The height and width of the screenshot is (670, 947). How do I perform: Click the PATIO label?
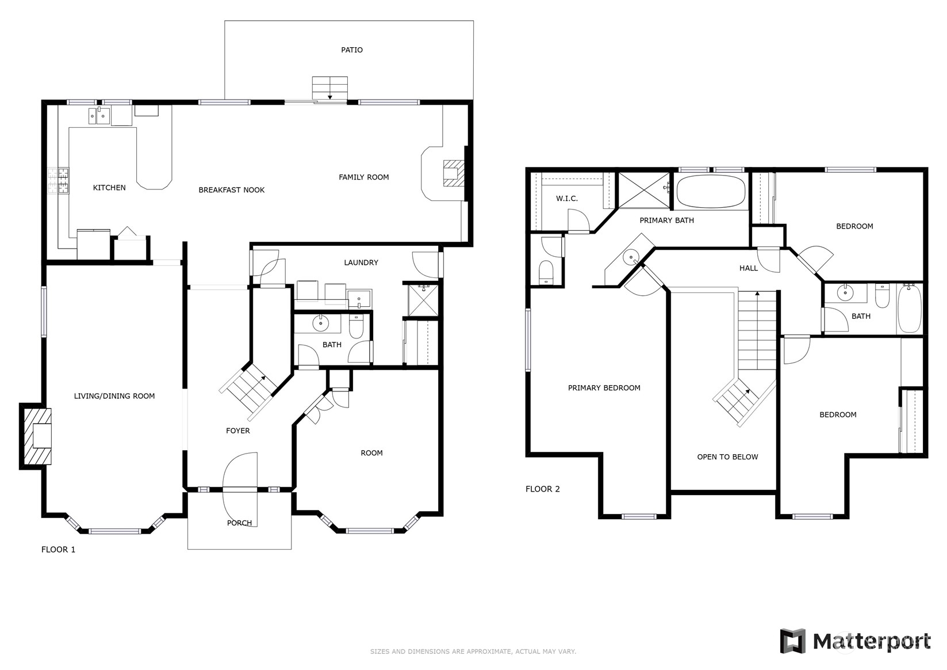tap(351, 50)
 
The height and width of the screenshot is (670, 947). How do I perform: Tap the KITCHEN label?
tap(109, 188)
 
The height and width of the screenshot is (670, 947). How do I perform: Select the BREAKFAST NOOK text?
tap(231, 190)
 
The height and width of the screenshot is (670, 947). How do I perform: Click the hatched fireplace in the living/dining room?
tap(36, 436)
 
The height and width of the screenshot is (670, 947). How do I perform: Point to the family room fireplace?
tap(453, 173)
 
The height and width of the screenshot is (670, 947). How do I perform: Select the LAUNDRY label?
tap(361, 262)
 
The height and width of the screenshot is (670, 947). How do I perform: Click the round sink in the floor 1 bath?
tap(320, 324)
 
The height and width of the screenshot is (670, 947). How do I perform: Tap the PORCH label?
tap(239, 523)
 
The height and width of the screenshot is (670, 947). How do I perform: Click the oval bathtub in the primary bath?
tap(711, 191)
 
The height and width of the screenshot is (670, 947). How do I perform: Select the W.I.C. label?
tap(566, 199)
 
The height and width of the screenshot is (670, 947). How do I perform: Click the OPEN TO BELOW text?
tap(727, 457)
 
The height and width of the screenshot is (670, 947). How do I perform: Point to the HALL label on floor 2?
tap(748, 268)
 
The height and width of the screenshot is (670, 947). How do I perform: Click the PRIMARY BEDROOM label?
tap(604, 388)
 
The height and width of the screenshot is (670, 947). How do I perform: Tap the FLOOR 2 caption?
tap(542, 489)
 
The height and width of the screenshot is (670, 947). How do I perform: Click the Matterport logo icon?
tap(793, 641)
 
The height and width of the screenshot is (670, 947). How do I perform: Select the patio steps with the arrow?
tap(330, 88)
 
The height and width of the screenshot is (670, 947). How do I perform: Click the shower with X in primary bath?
tap(643, 190)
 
